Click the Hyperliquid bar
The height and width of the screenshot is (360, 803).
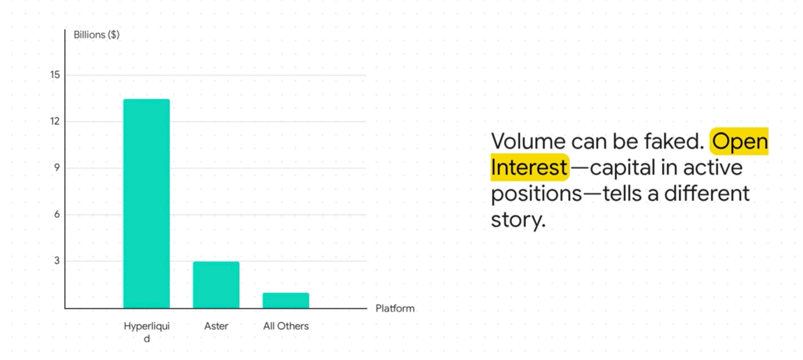click(147, 204)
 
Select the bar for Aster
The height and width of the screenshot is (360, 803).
click(216, 285)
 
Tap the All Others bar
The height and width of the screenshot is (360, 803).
click(286, 300)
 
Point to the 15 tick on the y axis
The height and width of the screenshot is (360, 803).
click(55, 75)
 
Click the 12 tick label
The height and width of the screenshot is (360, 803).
click(55, 121)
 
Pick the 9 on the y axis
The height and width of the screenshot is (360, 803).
click(57, 168)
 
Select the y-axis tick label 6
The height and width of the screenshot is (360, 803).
click(57, 214)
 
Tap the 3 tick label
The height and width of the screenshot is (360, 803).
click(57, 261)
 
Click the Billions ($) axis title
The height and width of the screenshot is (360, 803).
click(96, 35)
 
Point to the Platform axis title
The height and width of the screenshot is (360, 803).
click(395, 308)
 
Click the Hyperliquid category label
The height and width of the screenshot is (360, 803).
click(147, 332)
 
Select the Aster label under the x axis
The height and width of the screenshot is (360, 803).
click(216, 326)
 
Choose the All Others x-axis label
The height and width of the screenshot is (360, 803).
click(286, 326)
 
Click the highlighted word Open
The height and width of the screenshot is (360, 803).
click(740, 142)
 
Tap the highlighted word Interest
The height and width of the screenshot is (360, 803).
click(529, 168)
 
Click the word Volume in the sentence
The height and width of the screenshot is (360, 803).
click(528, 141)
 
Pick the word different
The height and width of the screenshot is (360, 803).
click(707, 194)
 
